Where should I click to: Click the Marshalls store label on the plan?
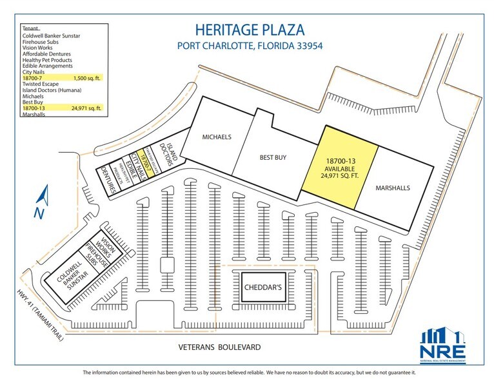pyautogui.click(x=393, y=188)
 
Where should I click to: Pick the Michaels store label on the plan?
pyautogui.click(x=217, y=138)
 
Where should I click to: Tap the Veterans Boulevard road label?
pyautogui.click(x=220, y=347)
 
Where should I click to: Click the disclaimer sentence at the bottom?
pyautogui.click(x=247, y=373)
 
